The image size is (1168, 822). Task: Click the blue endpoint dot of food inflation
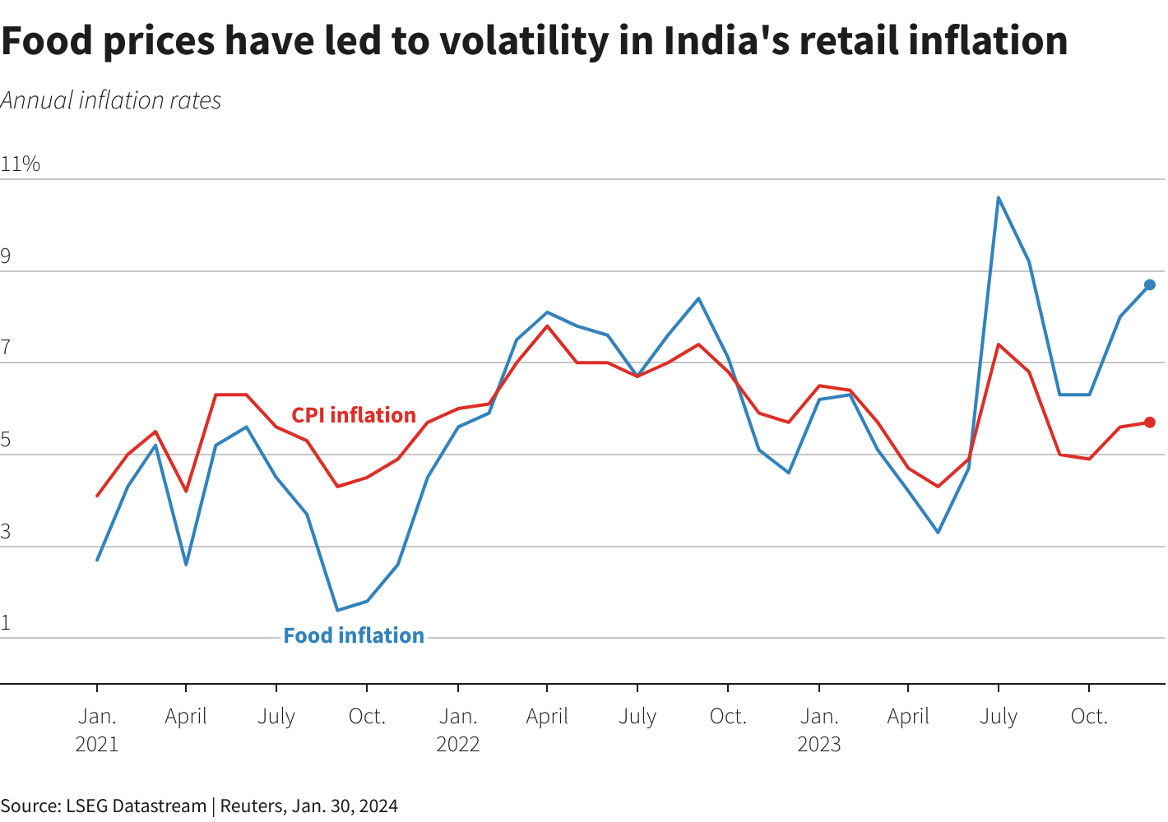1150,284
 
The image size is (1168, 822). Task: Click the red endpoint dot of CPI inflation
1150,423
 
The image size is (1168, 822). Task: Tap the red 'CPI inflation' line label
354,415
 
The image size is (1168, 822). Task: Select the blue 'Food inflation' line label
354,635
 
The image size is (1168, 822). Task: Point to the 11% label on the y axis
21,164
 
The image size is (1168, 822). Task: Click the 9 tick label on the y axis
7,256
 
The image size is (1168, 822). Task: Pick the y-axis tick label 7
7,348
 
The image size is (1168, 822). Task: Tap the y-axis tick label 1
7,622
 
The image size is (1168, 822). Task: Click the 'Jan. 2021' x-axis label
97,730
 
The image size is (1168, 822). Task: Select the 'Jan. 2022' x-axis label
457,730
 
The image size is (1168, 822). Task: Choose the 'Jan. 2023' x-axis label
819,730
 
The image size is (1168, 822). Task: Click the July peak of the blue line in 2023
999,197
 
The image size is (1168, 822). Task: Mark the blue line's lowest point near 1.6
337,610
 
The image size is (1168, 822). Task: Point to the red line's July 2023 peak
999,344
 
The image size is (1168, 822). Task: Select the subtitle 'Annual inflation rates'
111,100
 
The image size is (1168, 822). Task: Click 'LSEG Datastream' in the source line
137,806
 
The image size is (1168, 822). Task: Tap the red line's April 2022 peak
547,326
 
